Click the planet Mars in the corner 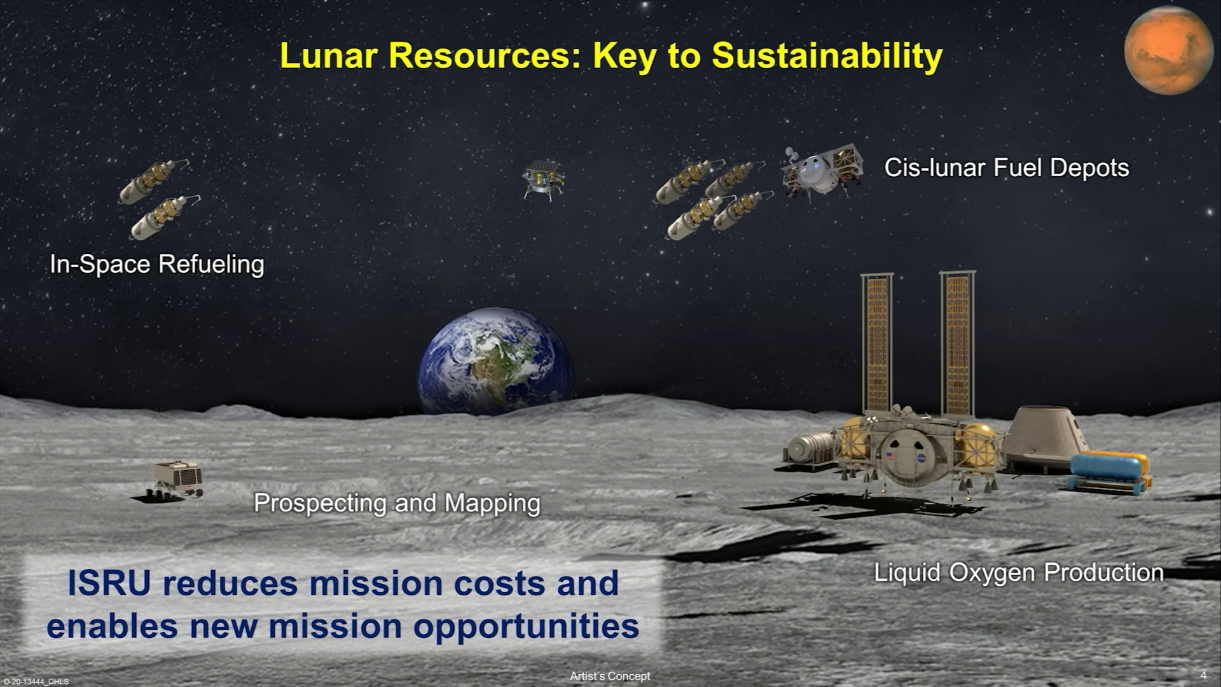[1168, 51]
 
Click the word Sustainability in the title [827, 56]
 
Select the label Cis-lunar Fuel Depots [1007, 168]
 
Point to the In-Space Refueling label [157, 264]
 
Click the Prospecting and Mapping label [397, 503]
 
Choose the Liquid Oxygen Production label [1019, 572]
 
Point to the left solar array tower [877, 343]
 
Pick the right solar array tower [957, 343]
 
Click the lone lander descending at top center [542, 179]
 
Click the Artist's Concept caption [610, 676]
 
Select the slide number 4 [1203, 675]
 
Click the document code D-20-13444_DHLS [36, 682]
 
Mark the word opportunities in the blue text [526, 627]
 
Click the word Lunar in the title [329, 56]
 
